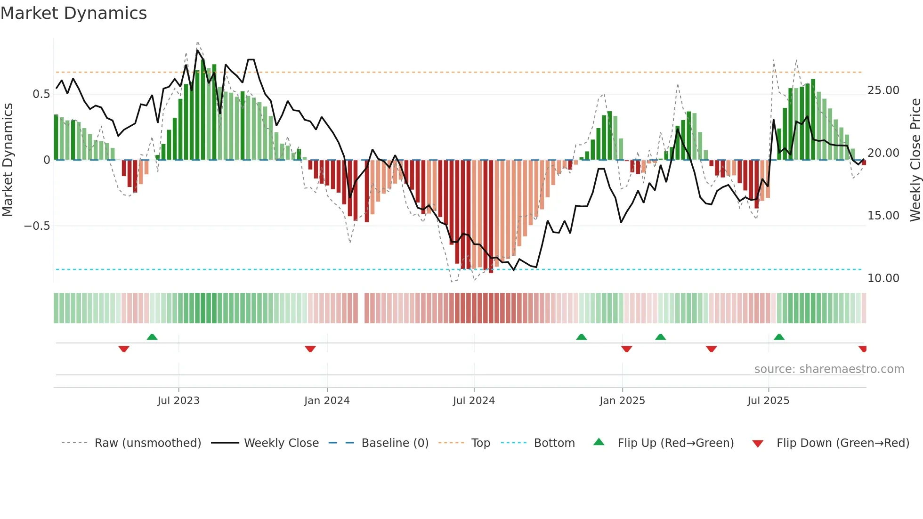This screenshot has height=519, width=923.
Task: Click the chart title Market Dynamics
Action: tap(73, 13)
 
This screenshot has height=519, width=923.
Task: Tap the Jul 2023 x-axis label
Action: tap(178, 401)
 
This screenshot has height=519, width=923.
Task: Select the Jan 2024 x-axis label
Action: tap(327, 401)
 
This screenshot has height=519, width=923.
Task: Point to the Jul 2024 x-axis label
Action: tap(474, 401)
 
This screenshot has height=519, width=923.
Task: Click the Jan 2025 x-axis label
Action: tap(622, 401)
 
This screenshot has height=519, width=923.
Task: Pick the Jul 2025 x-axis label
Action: tap(768, 401)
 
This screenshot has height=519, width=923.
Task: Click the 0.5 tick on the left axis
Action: tap(41, 94)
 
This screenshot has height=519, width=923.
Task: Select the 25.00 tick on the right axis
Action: tap(883, 90)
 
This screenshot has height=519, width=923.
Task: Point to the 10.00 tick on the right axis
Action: tap(883, 278)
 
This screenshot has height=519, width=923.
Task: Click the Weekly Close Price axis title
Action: tap(915, 160)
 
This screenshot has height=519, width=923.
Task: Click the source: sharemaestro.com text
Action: tap(829, 369)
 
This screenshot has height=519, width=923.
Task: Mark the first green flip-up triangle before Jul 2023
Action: tap(152, 337)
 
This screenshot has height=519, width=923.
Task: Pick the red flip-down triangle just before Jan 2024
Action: tap(310, 349)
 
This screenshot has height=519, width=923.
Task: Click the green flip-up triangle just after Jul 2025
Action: tap(779, 337)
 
